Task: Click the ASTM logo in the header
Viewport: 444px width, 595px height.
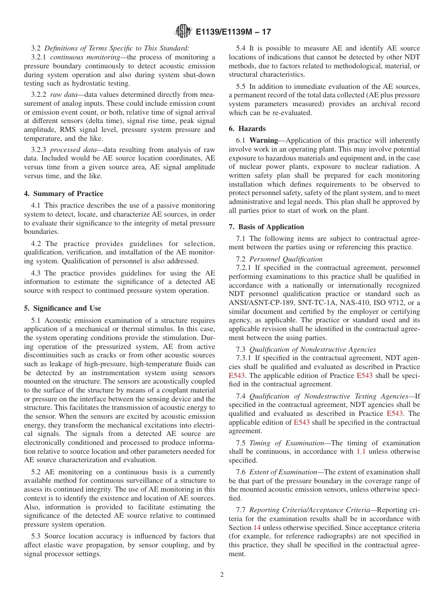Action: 183,32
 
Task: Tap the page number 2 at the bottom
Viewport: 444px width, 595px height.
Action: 222,575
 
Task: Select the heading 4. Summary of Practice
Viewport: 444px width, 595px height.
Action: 64,194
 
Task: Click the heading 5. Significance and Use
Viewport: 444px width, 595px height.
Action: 63,308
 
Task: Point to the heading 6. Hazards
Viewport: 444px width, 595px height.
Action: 247,129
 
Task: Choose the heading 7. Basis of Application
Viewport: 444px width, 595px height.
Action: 266,227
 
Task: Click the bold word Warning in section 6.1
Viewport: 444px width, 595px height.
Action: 264,140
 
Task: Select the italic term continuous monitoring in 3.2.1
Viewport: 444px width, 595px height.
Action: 85,57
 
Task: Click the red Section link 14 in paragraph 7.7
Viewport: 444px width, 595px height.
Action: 257,527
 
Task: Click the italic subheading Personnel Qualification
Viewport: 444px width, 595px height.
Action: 286,259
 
